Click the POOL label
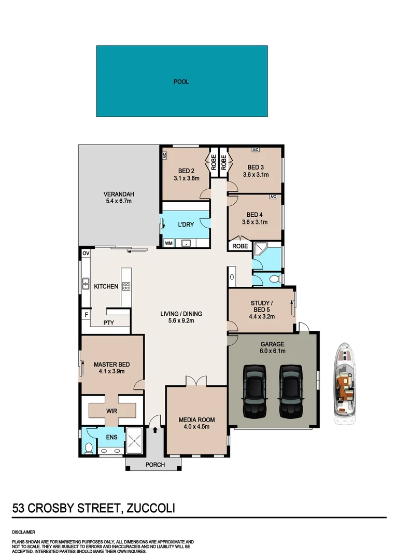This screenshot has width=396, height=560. (x=181, y=81)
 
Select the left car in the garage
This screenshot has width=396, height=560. (x=255, y=391)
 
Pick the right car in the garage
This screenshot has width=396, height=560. (x=290, y=391)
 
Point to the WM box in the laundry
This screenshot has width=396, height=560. (x=168, y=243)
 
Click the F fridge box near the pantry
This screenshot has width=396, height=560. (x=86, y=314)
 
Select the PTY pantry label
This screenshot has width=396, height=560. (x=108, y=323)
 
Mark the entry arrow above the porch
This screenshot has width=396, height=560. (x=154, y=429)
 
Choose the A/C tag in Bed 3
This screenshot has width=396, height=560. (x=255, y=150)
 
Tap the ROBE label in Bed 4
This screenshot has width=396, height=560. (x=239, y=246)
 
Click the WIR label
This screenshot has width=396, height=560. (x=111, y=411)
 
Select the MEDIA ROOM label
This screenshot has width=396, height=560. (x=196, y=419)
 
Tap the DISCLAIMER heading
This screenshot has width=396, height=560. (x=23, y=532)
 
